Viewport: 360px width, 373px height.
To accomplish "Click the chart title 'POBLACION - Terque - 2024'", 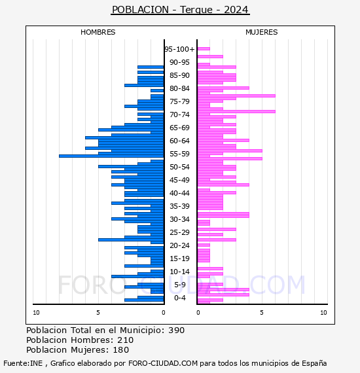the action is click(180, 10).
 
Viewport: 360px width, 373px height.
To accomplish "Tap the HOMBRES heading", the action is click(98, 32).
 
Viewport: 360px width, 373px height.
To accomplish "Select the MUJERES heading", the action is click(262, 32).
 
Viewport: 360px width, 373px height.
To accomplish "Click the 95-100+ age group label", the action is click(179, 49).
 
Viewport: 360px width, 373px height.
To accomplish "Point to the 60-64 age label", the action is click(179, 141).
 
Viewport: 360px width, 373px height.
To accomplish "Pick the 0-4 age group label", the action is click(179, 298).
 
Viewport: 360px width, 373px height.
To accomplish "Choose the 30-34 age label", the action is click(179, 219).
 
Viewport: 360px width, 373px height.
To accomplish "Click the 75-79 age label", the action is click(179, 101).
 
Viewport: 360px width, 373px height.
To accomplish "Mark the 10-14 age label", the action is click(179, 272).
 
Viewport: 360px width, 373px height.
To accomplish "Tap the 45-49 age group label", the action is click(179, 180).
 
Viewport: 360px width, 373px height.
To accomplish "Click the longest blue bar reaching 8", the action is click(111, 156).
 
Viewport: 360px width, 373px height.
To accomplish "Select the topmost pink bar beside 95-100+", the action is click(204, 49).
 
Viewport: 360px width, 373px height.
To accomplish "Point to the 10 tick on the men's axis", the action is click(36, 313).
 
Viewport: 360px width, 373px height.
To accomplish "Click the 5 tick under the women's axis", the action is click(262, 313).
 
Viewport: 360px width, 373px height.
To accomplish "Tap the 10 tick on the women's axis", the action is click(323, 313).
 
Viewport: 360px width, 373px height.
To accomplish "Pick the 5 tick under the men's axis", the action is click(98, 313).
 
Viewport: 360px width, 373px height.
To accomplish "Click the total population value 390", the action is click(176, 330).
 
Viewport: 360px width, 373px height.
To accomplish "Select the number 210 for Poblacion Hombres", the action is click(126, 340).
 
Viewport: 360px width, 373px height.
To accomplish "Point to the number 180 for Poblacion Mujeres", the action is click(121, 349).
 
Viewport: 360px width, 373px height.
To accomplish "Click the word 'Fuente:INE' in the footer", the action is click(23, 363).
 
